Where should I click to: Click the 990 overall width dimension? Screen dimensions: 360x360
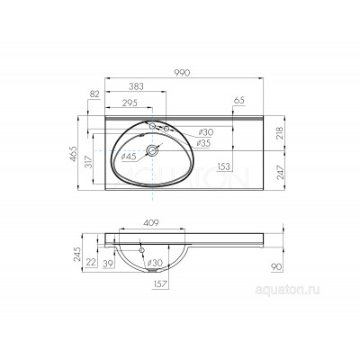(x=183, y=73)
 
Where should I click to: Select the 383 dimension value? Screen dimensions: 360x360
(x=136, y=86)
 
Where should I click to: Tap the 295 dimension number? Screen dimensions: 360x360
(x=130, y=103)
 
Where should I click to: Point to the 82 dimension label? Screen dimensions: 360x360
(x=94, y=94)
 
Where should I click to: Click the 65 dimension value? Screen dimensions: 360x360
(x=239, y=101)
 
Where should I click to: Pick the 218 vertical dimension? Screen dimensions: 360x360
(x=279, y=133)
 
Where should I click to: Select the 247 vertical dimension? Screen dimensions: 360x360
(x=280, y=172)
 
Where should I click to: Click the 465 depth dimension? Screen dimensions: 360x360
(x=74, y=154)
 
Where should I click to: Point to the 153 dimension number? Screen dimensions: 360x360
(x=224, y=166)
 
